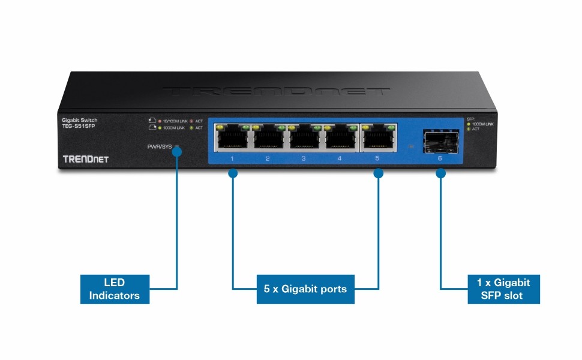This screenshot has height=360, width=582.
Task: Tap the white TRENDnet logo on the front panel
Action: pos(85,159)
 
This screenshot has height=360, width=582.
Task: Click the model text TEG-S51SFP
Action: pos(79,126)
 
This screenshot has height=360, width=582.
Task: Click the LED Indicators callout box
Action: pos(115,289)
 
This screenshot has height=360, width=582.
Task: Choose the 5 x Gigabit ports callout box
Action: pos(305,289)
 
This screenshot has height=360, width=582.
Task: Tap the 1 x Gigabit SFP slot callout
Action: pos(503,289)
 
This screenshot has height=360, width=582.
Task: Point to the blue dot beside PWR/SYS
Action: pos(176,152)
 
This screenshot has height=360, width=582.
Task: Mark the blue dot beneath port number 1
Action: pos(233,173)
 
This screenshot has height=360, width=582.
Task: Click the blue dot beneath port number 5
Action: pos(378,173)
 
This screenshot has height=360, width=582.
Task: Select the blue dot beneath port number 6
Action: pos(440,173)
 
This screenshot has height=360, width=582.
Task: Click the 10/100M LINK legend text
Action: pos(174,121)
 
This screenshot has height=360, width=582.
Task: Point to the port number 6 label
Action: pos(440,159)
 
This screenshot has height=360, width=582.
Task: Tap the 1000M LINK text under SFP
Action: pos(482,124)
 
